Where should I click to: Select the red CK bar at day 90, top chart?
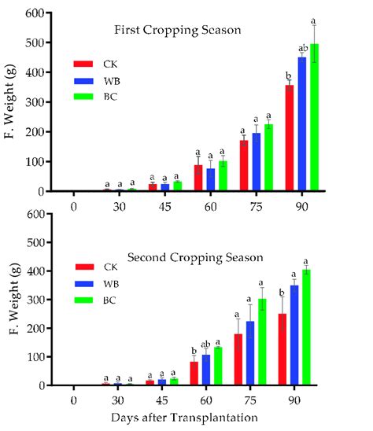(x=290, y=138)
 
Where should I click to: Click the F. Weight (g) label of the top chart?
(x=10, y=102)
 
